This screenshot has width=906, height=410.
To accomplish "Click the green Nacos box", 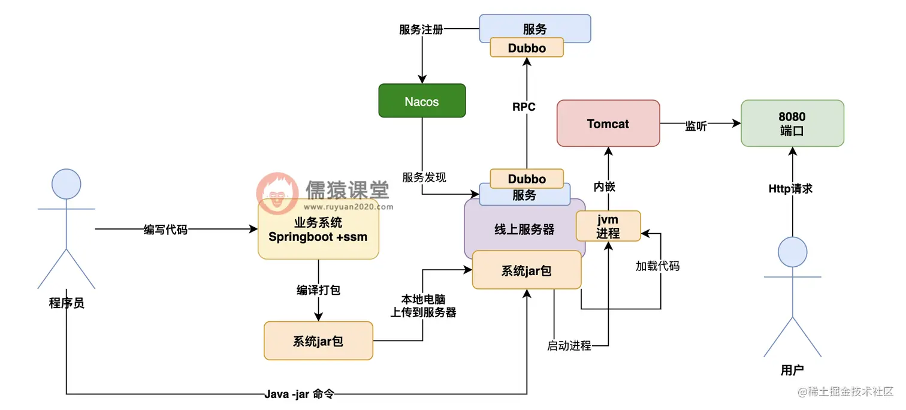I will pyautogui.click(x=422, y=101).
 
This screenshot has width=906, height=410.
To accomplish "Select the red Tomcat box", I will pyautogui.click(x=608, y=123).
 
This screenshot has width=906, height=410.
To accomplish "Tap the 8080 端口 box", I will pyautogui.click(x=792, y=123).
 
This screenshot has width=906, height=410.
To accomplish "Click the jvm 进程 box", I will pyautogui.click(x=608, y=226).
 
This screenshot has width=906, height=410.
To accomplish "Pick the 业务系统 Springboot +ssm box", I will pyautogui.click(x=318, y=230).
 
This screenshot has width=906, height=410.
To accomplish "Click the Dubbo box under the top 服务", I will pyautogui.click(x=527, y=47).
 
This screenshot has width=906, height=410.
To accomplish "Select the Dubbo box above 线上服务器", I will pyautogui.click(x=527, y=179).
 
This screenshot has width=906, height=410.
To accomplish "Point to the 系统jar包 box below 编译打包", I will pyautogui.click(x=318, y=341).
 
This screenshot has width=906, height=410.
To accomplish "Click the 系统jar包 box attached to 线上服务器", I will pyautogui.click(x=526, y=270).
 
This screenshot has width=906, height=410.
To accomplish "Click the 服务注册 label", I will pyautogui.click(x=421, y=29).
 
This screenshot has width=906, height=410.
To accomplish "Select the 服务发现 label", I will pyautogui.click(x=424, y=177).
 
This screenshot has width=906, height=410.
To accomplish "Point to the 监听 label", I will pyautogui.click(x=696, y=126).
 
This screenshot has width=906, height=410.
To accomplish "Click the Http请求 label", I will pyautogui.click(x=790, y=189).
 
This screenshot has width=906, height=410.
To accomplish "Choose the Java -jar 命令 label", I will pyautogui.click(x=299, y=394).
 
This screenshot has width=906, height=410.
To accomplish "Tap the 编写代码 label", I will pyautogui.click(x=165, y=230).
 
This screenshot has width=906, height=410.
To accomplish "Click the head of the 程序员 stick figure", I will pyautogui.click(x=66, y=184).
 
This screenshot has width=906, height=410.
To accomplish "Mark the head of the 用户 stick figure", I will pyautogui.click(x=792, y=251).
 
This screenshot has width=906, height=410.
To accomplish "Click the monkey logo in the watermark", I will pyautogui.click(x=277, y=193).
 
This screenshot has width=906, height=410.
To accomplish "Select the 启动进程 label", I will pyautogui.click(x=569, y=346).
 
